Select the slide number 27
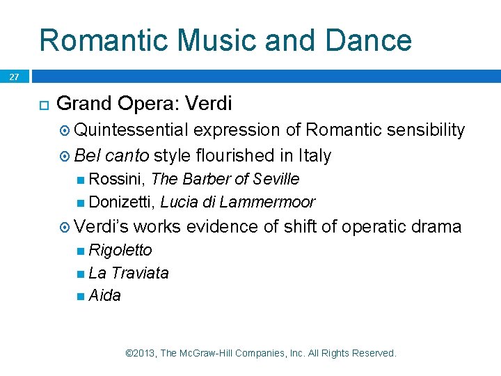pyautogui.click(x=15, y=77)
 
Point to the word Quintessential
pyautogui.click(x=132, y=130)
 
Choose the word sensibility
pyautogui.click(x=424, y=130)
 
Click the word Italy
pyautogui.click(x=314, y=155)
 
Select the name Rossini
pyautogui.click(x=116, y=179)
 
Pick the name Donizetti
pyautogui.click(x=122, y=203)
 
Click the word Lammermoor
pyautogui.click(x=273, y=203)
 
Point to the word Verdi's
pyautogui.click(x=101, y=227)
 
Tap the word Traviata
pyautogui.click(x=140, y=273)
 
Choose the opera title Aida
pyautogui.click(x=105, y=296)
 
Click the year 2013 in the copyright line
pyautogui.click(x=145, y=354)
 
